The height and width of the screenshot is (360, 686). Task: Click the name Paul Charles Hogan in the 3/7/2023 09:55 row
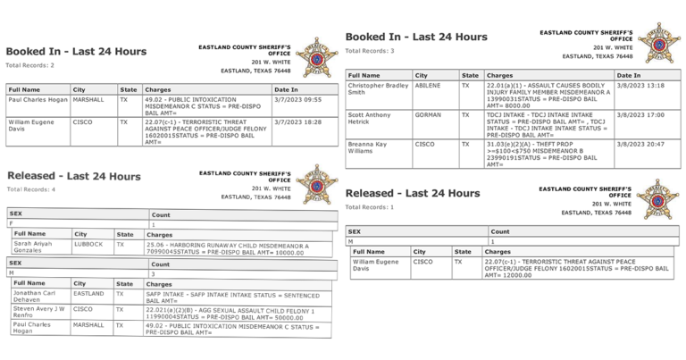[38, 101]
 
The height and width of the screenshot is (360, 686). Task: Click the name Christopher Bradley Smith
[377, 89]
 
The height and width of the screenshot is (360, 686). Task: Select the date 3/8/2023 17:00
[636, 114]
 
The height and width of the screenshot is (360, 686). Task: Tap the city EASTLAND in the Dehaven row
[88, 292]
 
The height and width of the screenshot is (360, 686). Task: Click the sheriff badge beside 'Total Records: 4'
[316, 184]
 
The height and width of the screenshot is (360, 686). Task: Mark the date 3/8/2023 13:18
[636, 87]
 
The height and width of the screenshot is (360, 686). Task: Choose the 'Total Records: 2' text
[30, 65]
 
